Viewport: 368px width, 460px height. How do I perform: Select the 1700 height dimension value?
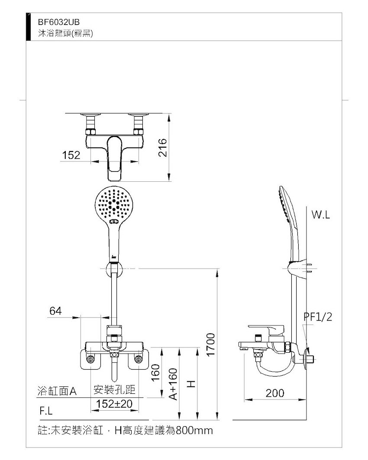click(x=211, y=345)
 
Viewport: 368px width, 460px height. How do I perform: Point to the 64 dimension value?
click(x=55, y=311)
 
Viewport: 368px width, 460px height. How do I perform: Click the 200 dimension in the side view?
click(x=275, y=393)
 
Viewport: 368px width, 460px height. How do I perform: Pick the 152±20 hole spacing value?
click(x=114, y=404)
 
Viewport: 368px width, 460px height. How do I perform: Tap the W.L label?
click(x=321, y=215)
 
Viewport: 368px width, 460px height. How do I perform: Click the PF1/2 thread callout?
click(x=318, y=317)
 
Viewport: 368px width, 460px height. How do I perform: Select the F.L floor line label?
click(x=46, y=411)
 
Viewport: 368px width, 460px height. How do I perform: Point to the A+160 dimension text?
click(x=174, y=384)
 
